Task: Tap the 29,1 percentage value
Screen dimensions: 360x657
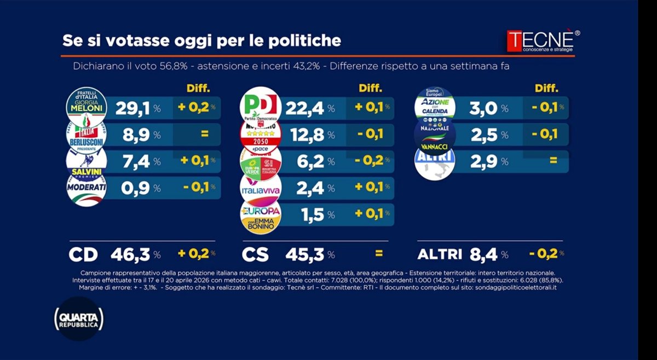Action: (x=132, y=108)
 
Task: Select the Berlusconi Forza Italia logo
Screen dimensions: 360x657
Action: (x=86, y=135)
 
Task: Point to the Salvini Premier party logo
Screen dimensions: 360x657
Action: (x=86, y=161)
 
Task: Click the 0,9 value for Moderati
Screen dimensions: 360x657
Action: (x=132, y=188)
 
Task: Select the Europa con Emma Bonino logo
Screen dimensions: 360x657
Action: (x=261, y=215)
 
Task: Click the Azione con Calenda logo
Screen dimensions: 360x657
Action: (x=435, y=104)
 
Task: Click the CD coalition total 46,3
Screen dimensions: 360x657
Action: (x=131, y=254)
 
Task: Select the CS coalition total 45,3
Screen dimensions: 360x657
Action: (x=306, y=254)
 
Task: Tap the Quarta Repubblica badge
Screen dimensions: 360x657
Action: (x=79, y=319)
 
